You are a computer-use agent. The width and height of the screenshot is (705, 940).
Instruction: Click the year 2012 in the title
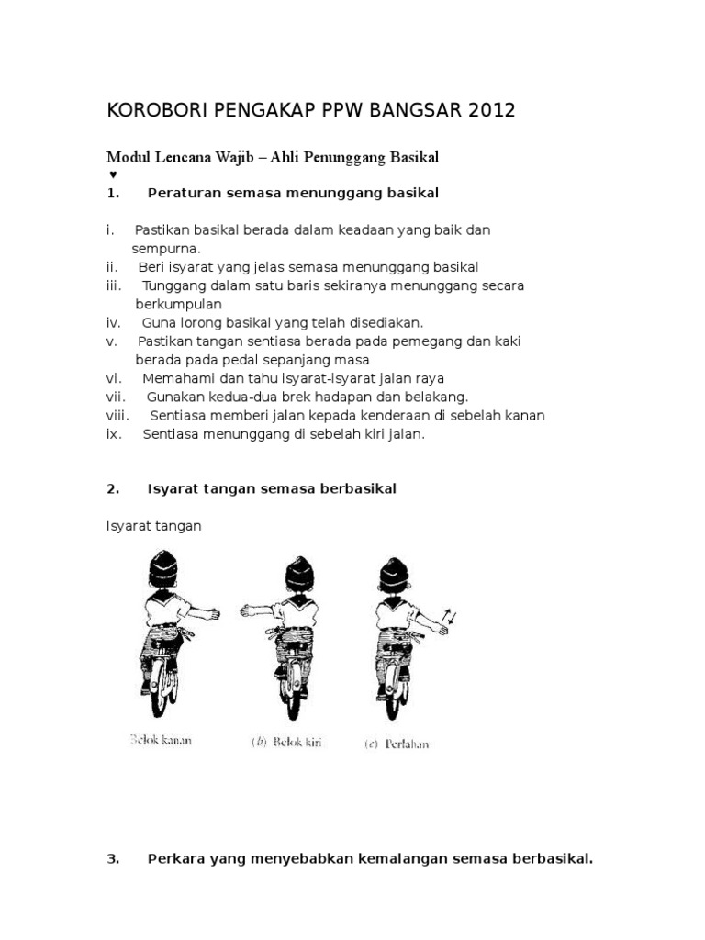click(x=491, y=111)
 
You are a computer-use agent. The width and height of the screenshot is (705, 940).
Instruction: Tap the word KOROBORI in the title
click(x=158, y=111)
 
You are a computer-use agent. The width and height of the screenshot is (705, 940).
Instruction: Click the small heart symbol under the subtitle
click(x=112, y=173)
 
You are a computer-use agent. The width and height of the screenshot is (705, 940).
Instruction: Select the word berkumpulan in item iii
click(x=179, y=304)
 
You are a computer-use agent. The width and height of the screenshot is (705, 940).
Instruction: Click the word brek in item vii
click(x=326, y=397)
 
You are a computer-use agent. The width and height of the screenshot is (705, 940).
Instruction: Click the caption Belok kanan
click(x=162, y=740)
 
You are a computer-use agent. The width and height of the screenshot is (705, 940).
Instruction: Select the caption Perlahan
click(x=408, y=744)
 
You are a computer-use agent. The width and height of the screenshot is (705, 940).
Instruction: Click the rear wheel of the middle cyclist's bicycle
click(x=297, y=688)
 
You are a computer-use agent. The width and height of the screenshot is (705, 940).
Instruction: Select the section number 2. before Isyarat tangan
click(x=114, y=489)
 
